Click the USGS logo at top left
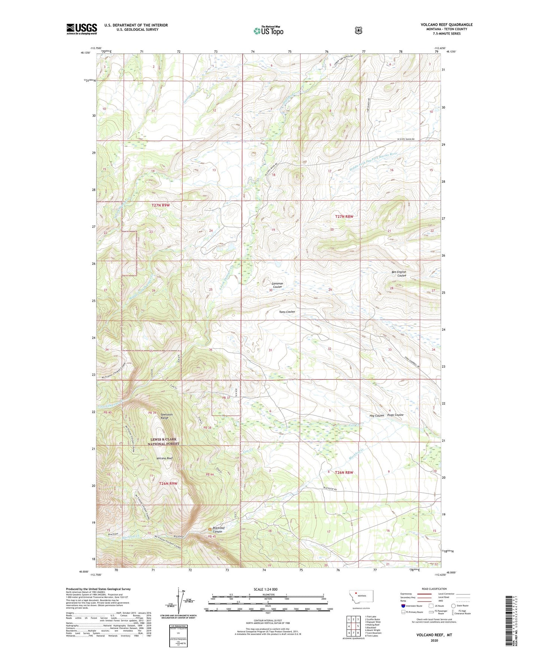click(82, 29)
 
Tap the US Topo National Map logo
click(268, 30)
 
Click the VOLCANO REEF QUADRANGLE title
click(446, 25)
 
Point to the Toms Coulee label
click(287, 312)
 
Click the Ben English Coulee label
click(399, 273)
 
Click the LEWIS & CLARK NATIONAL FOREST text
click(163, 442)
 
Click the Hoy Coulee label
click(377, 415)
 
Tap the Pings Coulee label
click(395, 415)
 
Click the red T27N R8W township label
click(344, 217)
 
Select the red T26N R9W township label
click(168, 483)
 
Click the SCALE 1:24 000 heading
click(265, 589)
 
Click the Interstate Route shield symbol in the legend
click(403, 606)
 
